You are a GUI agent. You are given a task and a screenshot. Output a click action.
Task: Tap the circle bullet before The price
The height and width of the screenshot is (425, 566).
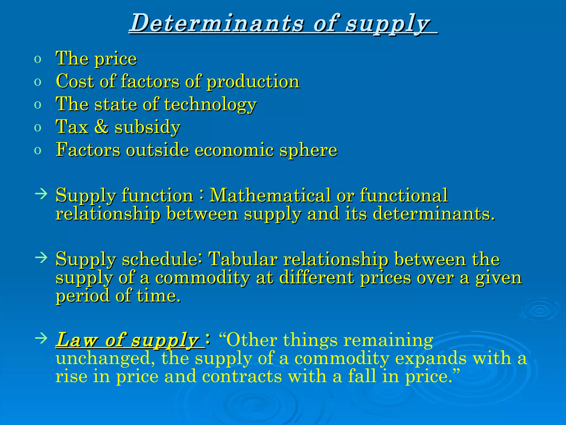[x=38, y=59]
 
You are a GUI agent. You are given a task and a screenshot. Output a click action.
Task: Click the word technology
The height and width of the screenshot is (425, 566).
[x=210, y=105]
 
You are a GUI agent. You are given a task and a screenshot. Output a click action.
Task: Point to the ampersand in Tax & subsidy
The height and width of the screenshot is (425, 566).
[x=101, y=127]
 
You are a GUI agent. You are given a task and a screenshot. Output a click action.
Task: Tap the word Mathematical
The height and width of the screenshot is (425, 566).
[x=270, y=195]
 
